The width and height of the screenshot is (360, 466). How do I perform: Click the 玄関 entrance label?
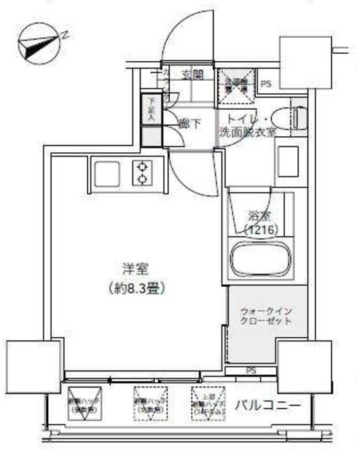(192, 74)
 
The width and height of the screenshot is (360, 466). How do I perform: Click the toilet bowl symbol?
(298, 118)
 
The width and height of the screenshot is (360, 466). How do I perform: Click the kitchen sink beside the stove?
(106, 173)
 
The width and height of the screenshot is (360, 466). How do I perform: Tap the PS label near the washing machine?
(267, 84)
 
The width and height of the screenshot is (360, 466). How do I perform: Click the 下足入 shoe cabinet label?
(152, 109)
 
